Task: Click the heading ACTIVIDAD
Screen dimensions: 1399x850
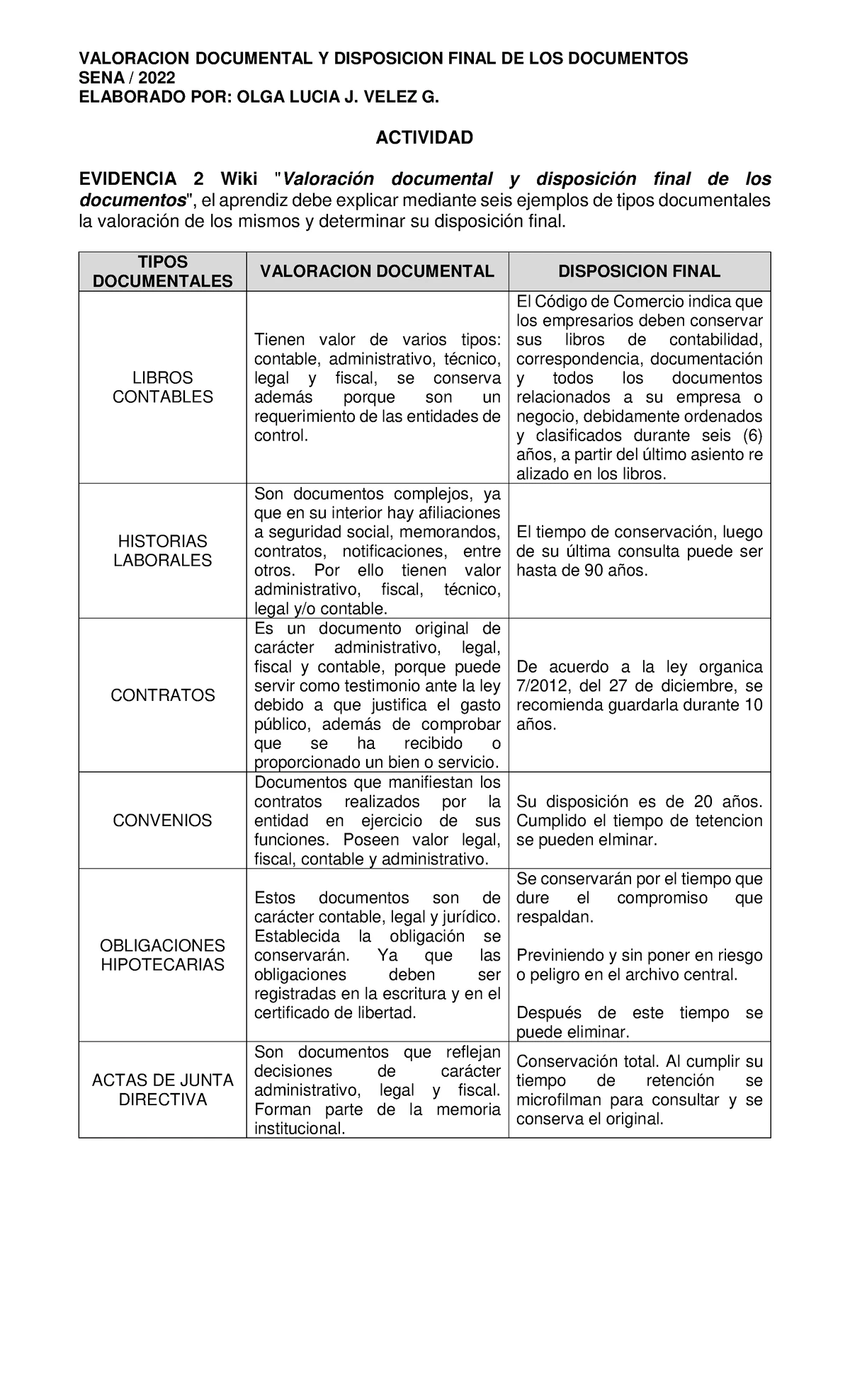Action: tap(424, 137)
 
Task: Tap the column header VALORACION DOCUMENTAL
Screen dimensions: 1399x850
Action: tap(377, 271)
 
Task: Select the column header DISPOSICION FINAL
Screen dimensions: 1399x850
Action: tap(639, 271)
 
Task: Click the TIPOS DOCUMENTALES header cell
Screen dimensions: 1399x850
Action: tap(162, 272)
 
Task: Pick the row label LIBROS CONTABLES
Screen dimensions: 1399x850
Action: tap(162, 387)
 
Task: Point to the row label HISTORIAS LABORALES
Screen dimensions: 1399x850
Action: tap(162, 551)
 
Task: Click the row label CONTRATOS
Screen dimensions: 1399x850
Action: tap(162, 695)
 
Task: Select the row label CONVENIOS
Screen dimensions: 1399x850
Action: tap(162, 821)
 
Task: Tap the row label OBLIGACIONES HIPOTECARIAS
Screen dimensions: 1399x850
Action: tap(162, 955)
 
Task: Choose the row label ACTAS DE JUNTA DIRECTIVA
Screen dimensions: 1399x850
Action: tap(162, 1090)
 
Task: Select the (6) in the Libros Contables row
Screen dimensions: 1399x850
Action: tap(750, 435)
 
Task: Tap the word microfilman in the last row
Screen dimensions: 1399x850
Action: tap(559, 1100)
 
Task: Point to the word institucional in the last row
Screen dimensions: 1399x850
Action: tap(300, 1129)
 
